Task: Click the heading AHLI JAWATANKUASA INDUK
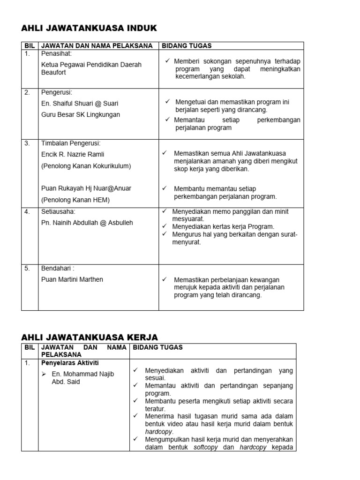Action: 89,29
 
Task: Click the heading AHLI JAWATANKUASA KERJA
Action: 90,337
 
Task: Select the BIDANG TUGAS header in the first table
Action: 187,45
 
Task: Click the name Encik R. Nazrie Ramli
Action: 73,154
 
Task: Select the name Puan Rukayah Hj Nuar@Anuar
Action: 86,188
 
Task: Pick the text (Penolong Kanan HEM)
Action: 75,200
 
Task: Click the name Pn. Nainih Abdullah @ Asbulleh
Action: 87,223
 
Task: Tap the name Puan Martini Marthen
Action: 72,279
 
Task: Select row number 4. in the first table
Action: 27,211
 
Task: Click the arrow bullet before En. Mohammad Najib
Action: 44,374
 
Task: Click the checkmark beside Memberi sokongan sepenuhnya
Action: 167,61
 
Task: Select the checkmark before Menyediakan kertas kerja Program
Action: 164,226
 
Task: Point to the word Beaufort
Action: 54,73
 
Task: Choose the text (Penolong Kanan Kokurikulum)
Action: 86,165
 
